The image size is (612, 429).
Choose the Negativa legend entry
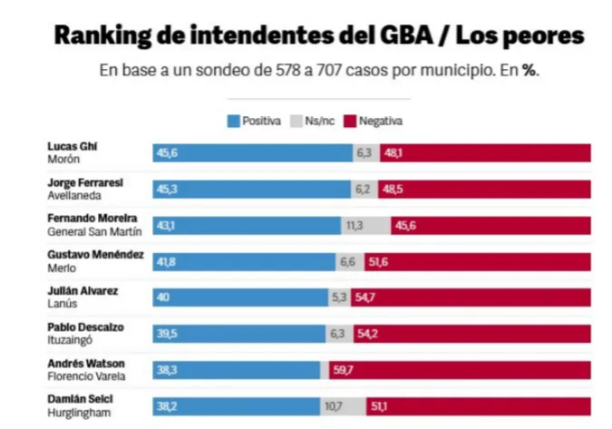coord(373,121)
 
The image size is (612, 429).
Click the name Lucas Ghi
coord(73,146)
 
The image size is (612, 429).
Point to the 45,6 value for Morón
coord(167,153)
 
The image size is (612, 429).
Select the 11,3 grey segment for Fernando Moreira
coord(355,225)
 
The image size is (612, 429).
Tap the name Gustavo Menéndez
coord(95,255)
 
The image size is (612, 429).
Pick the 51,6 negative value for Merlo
coord(378,261)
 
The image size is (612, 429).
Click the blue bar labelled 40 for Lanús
coord(240,297)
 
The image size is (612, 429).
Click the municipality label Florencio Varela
coord(87,375)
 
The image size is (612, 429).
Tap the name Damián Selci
coord(82,399)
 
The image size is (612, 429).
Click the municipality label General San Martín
coord(93,231)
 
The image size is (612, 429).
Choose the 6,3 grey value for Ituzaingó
coord(338,333)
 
